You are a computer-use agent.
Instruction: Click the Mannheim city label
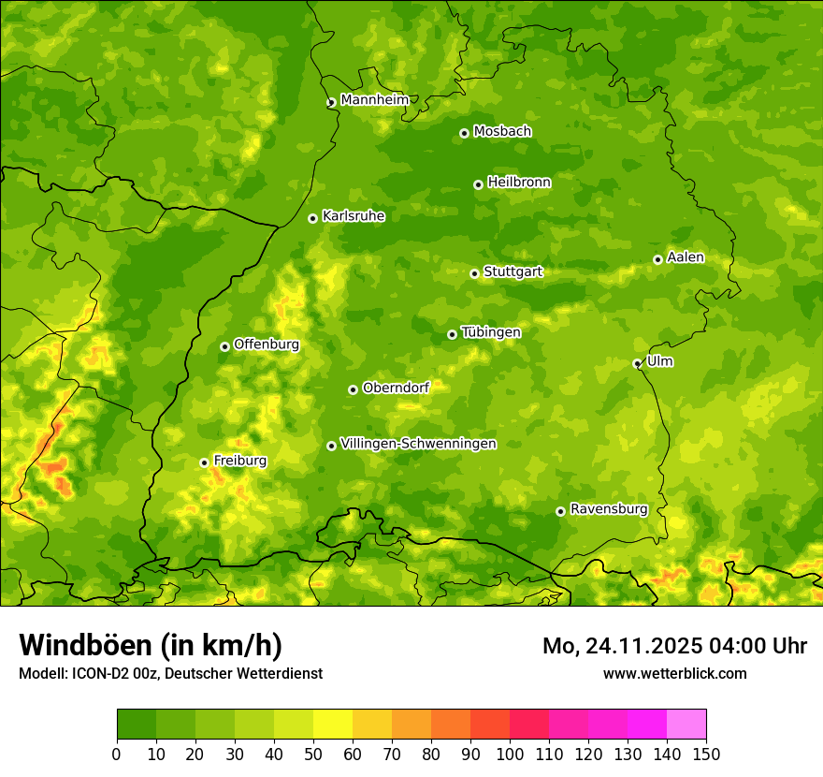pos(374,100)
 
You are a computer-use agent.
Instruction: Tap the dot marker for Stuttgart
pos(475,273)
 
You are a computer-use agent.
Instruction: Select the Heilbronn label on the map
pos(519,183)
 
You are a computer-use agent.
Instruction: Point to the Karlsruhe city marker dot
pos(313,218)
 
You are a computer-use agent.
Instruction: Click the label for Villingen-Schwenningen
pos(418,444)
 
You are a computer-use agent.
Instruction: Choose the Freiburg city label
pos(239,461)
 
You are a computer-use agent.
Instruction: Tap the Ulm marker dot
pos(638,363)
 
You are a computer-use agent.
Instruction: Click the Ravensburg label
pos(608,509)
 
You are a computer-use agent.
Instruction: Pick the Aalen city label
pos(686,257)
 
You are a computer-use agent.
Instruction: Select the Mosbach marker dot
pos(464,133)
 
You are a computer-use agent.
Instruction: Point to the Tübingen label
pos(491,332)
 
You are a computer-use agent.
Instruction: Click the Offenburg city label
pos(267,345)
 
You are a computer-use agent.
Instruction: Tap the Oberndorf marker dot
pos(353,389)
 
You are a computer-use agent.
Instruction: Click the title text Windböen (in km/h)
pos(151,645)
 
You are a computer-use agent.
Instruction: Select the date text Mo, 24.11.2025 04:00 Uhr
pos(674,646)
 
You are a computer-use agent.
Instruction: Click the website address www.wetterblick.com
pos(674,673)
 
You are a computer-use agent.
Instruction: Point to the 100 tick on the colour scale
pos(510,754)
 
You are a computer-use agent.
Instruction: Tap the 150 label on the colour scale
pos(706,754)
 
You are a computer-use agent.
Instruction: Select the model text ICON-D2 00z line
pos(170,673)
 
